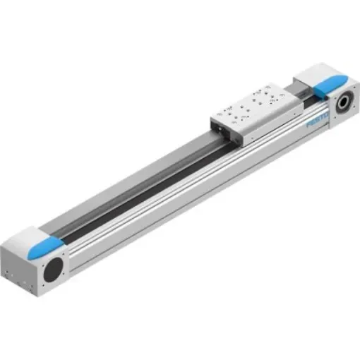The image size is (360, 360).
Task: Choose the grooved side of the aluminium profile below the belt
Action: [176, 198]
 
